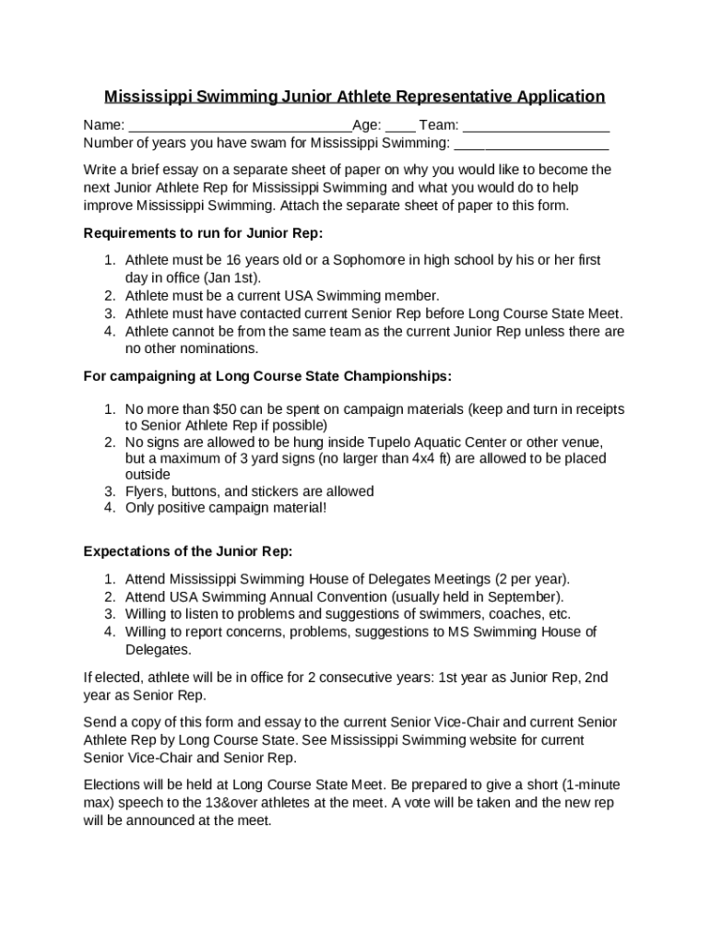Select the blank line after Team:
click(x=536, y=126)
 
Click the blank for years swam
click(x=531, y=144)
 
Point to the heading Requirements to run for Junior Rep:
click(x=204, y=232)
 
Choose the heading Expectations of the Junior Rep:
click(x=188, y=551)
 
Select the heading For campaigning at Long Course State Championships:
click(x=267, y=376)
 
